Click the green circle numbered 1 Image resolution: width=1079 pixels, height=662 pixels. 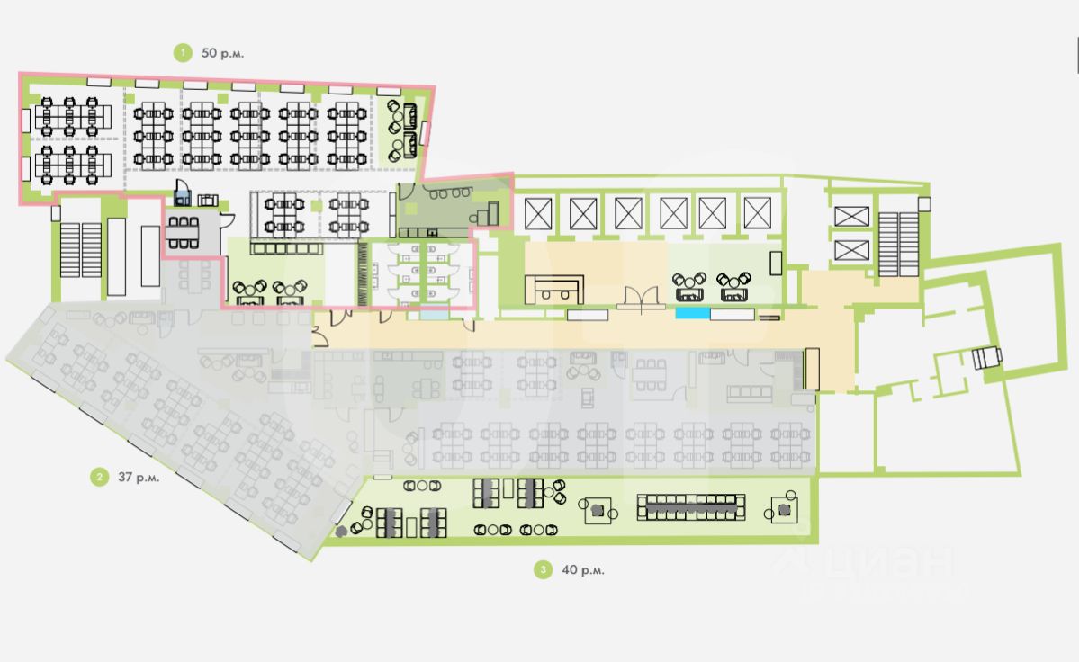pyautogui.click(x=184, y=53)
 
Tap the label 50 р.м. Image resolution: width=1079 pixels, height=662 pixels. pyautogui.click(x=222, y=53)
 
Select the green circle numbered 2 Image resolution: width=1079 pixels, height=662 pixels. pyautogui.click(x=98, y=477)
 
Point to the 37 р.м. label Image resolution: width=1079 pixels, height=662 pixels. pyautogui.click(x=139, y=478)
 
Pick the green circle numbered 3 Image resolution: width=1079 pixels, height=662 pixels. pyautogui.click(x=542, y=569)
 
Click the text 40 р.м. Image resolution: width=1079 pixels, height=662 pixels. pyautogui.click(x=582, y=569)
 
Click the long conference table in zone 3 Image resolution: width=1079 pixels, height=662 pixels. pyautogui.click(x=691, y=507)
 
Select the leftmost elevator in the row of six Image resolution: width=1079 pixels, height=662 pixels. pyautogui.click(x=537, y=213)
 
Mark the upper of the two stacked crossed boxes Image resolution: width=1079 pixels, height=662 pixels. pyautogui.click(x=851, y=216)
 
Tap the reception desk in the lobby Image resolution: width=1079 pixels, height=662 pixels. pyautogui.click(x=554, y=290)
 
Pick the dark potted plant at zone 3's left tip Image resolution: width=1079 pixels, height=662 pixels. pyautogui.click(x=342, y=532)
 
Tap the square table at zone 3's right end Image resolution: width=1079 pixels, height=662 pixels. pyautogui.click(x=785, y=510)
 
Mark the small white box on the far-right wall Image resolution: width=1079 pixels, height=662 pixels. pyautogui.click(x=986, y=358)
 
